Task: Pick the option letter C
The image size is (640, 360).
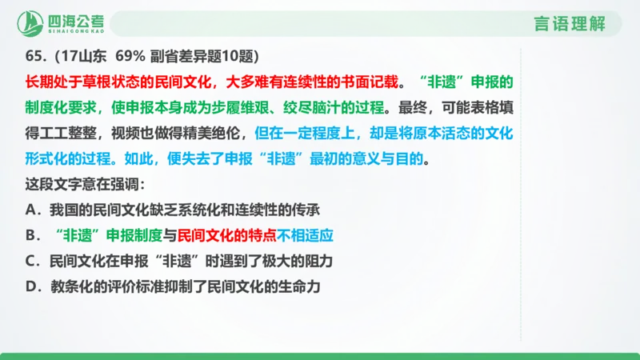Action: point(31,262)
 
